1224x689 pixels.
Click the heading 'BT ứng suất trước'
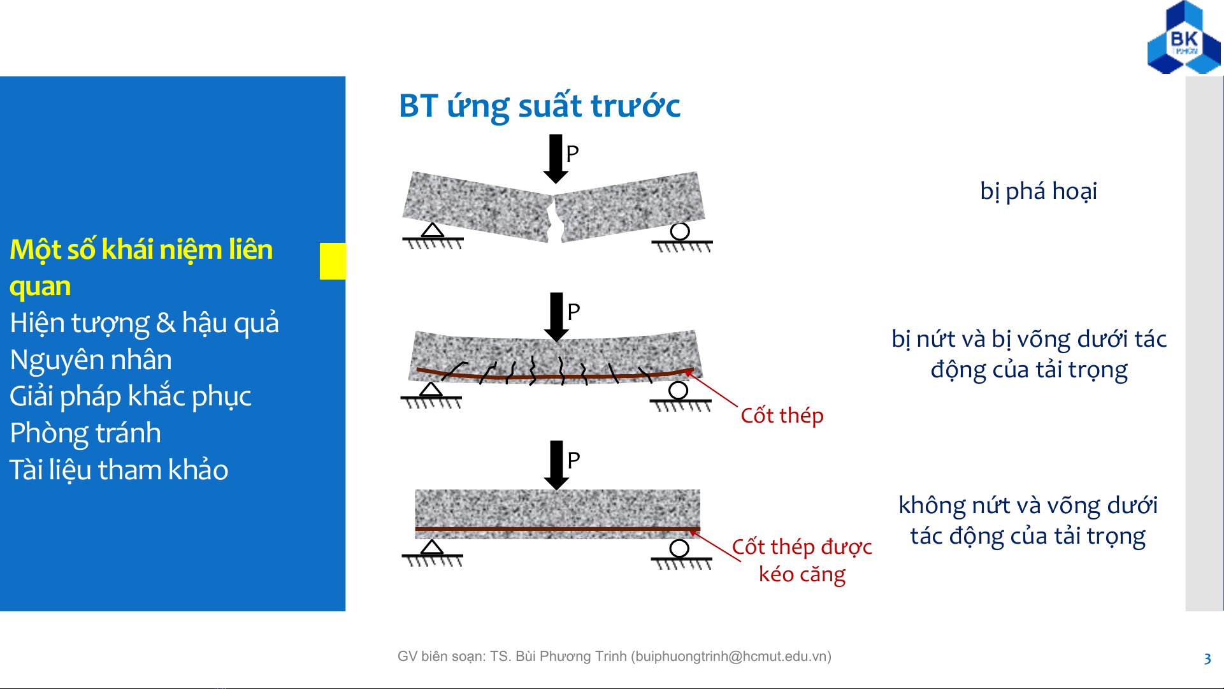pyautogui.click(x=540, y=106)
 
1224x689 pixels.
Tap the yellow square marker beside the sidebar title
pyautogui.click(x=333, y=261)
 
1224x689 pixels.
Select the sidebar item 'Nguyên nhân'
pyautogui.click(x=91, y=360)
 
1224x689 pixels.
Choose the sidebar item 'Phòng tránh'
pyautogui.click(x=85, y=433)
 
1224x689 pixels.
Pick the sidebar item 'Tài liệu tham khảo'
pyautogui.click(x=119, y=470)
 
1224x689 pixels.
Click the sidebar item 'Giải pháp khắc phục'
pyautogui.click(x=131, y=396)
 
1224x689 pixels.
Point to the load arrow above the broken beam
pyautogui.click(x=556, y=159)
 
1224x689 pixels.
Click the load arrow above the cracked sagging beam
pyautogui.click(x=556, y=317)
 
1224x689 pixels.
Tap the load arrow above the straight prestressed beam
pyautogui.click(x=556, y=465)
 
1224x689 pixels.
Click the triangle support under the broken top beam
pyautogui.click(x=433, y=230)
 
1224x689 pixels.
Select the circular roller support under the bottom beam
pyautogui.click(x=679, y=548)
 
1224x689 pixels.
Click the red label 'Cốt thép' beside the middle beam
pyautogui.click(x=782, y=416)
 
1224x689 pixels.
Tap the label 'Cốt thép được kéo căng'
pyautogui.click(x=802, y=560)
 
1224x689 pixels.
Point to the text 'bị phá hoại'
pyautogui.click(x=1039, y=191)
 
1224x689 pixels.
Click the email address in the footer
pyautogui.click(x=731, y=656)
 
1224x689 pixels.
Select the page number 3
pyautogui.click(x=1207, y=659)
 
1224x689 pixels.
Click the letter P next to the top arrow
pyautogui.click(x=572, y=154)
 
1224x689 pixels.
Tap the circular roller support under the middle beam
pyautogui.click(x=678, y=390)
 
